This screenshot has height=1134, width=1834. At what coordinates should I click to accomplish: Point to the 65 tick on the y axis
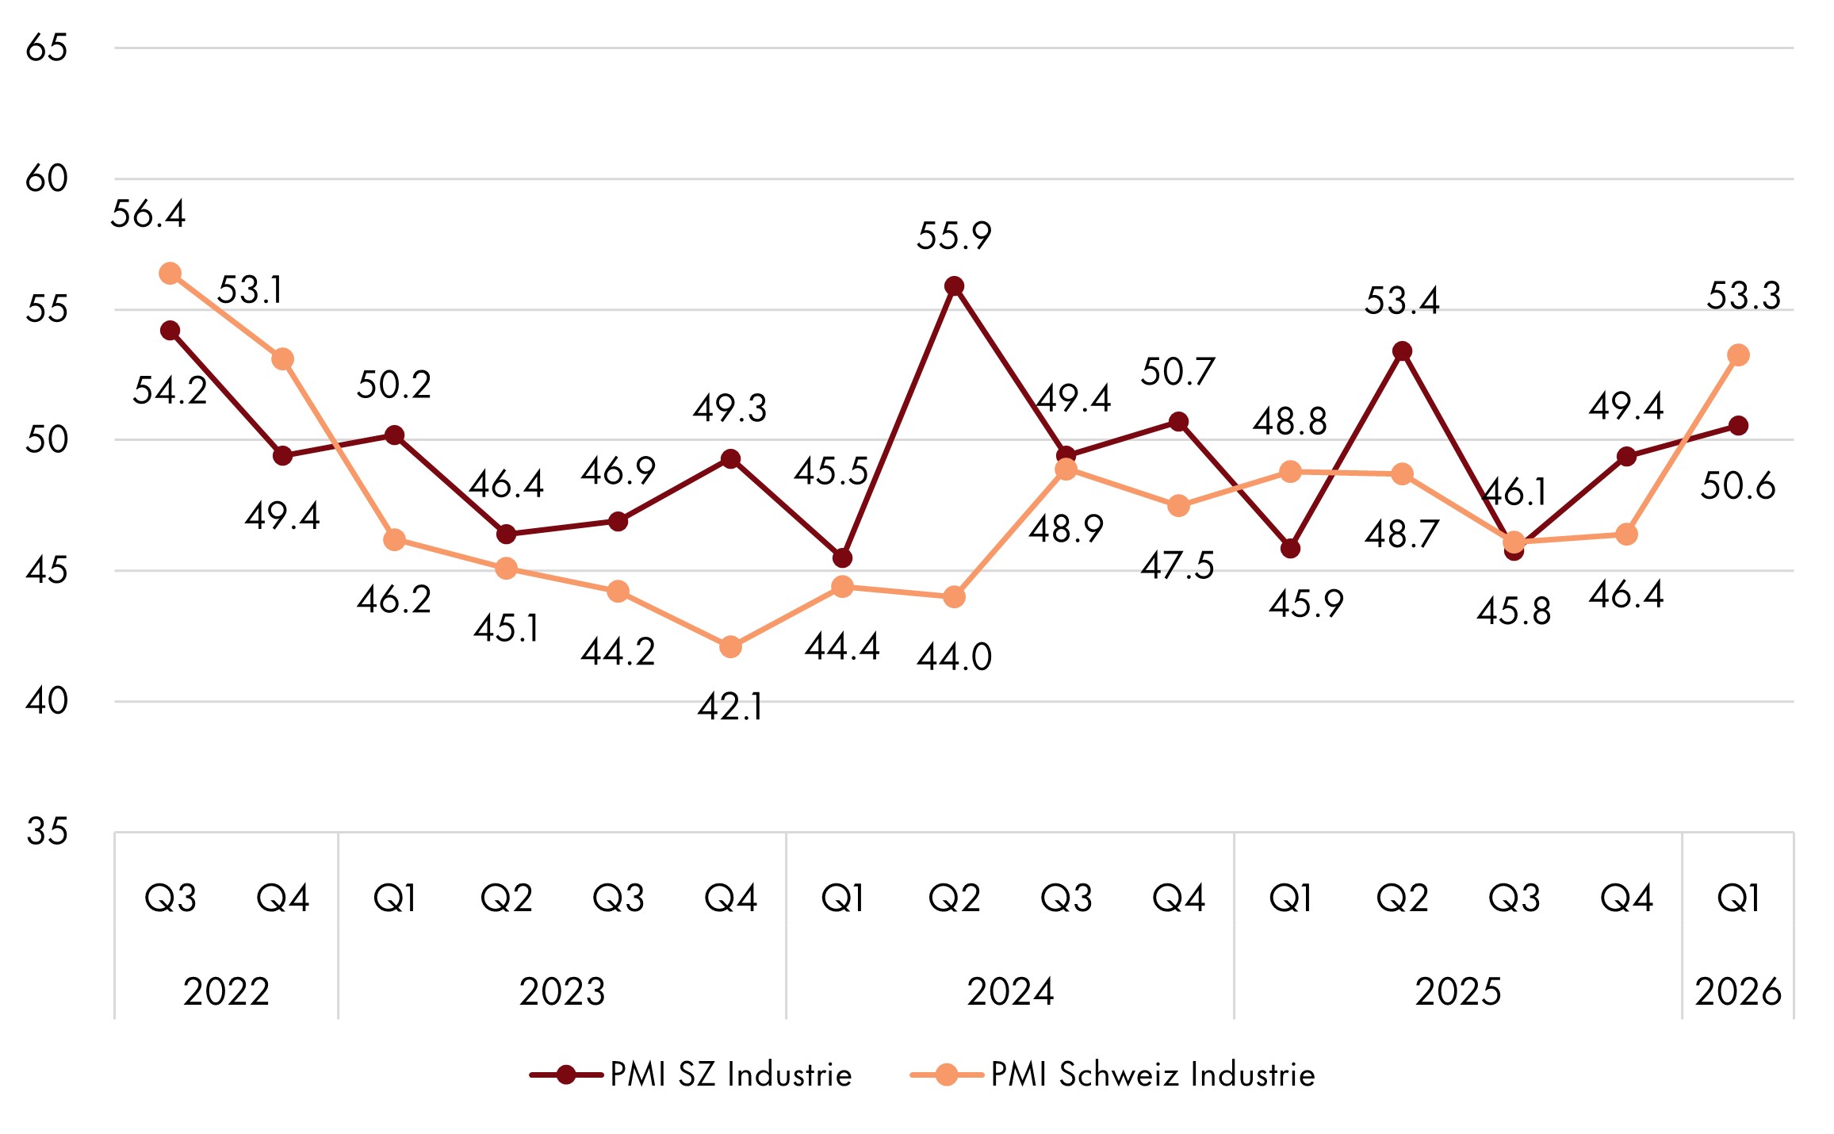(46, 48)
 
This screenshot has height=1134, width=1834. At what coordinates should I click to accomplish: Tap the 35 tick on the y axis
(46, 832)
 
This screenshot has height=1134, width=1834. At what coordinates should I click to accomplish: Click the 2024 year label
(1010, 992)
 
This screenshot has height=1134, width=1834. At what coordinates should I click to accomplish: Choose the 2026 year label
(1738, 992)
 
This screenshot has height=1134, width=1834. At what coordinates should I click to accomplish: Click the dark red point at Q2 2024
(955, 286)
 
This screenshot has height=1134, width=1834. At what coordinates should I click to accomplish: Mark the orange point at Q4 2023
(730, 647)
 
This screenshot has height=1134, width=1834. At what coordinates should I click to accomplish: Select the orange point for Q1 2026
(1738, 355)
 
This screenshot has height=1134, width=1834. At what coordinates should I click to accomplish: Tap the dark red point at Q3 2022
(170, 331)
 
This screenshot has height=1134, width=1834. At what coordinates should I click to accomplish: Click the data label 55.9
(954, 236)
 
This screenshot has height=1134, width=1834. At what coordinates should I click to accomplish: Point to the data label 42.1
(730, 707)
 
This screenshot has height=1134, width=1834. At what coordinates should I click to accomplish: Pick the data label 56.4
(148, 214)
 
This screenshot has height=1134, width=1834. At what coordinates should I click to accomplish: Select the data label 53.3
(1744, 297)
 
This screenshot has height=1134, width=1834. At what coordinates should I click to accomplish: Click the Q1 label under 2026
(1738, 898)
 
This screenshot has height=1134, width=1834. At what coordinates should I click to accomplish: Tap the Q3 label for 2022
(170, 898)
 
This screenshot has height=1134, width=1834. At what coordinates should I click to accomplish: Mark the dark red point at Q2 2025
(1403, 351)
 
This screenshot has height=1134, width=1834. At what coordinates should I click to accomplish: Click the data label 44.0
(954, 657)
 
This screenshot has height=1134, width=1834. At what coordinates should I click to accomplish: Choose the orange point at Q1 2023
(394, 540)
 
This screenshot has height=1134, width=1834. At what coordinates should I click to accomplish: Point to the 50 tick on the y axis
(46, 440)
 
